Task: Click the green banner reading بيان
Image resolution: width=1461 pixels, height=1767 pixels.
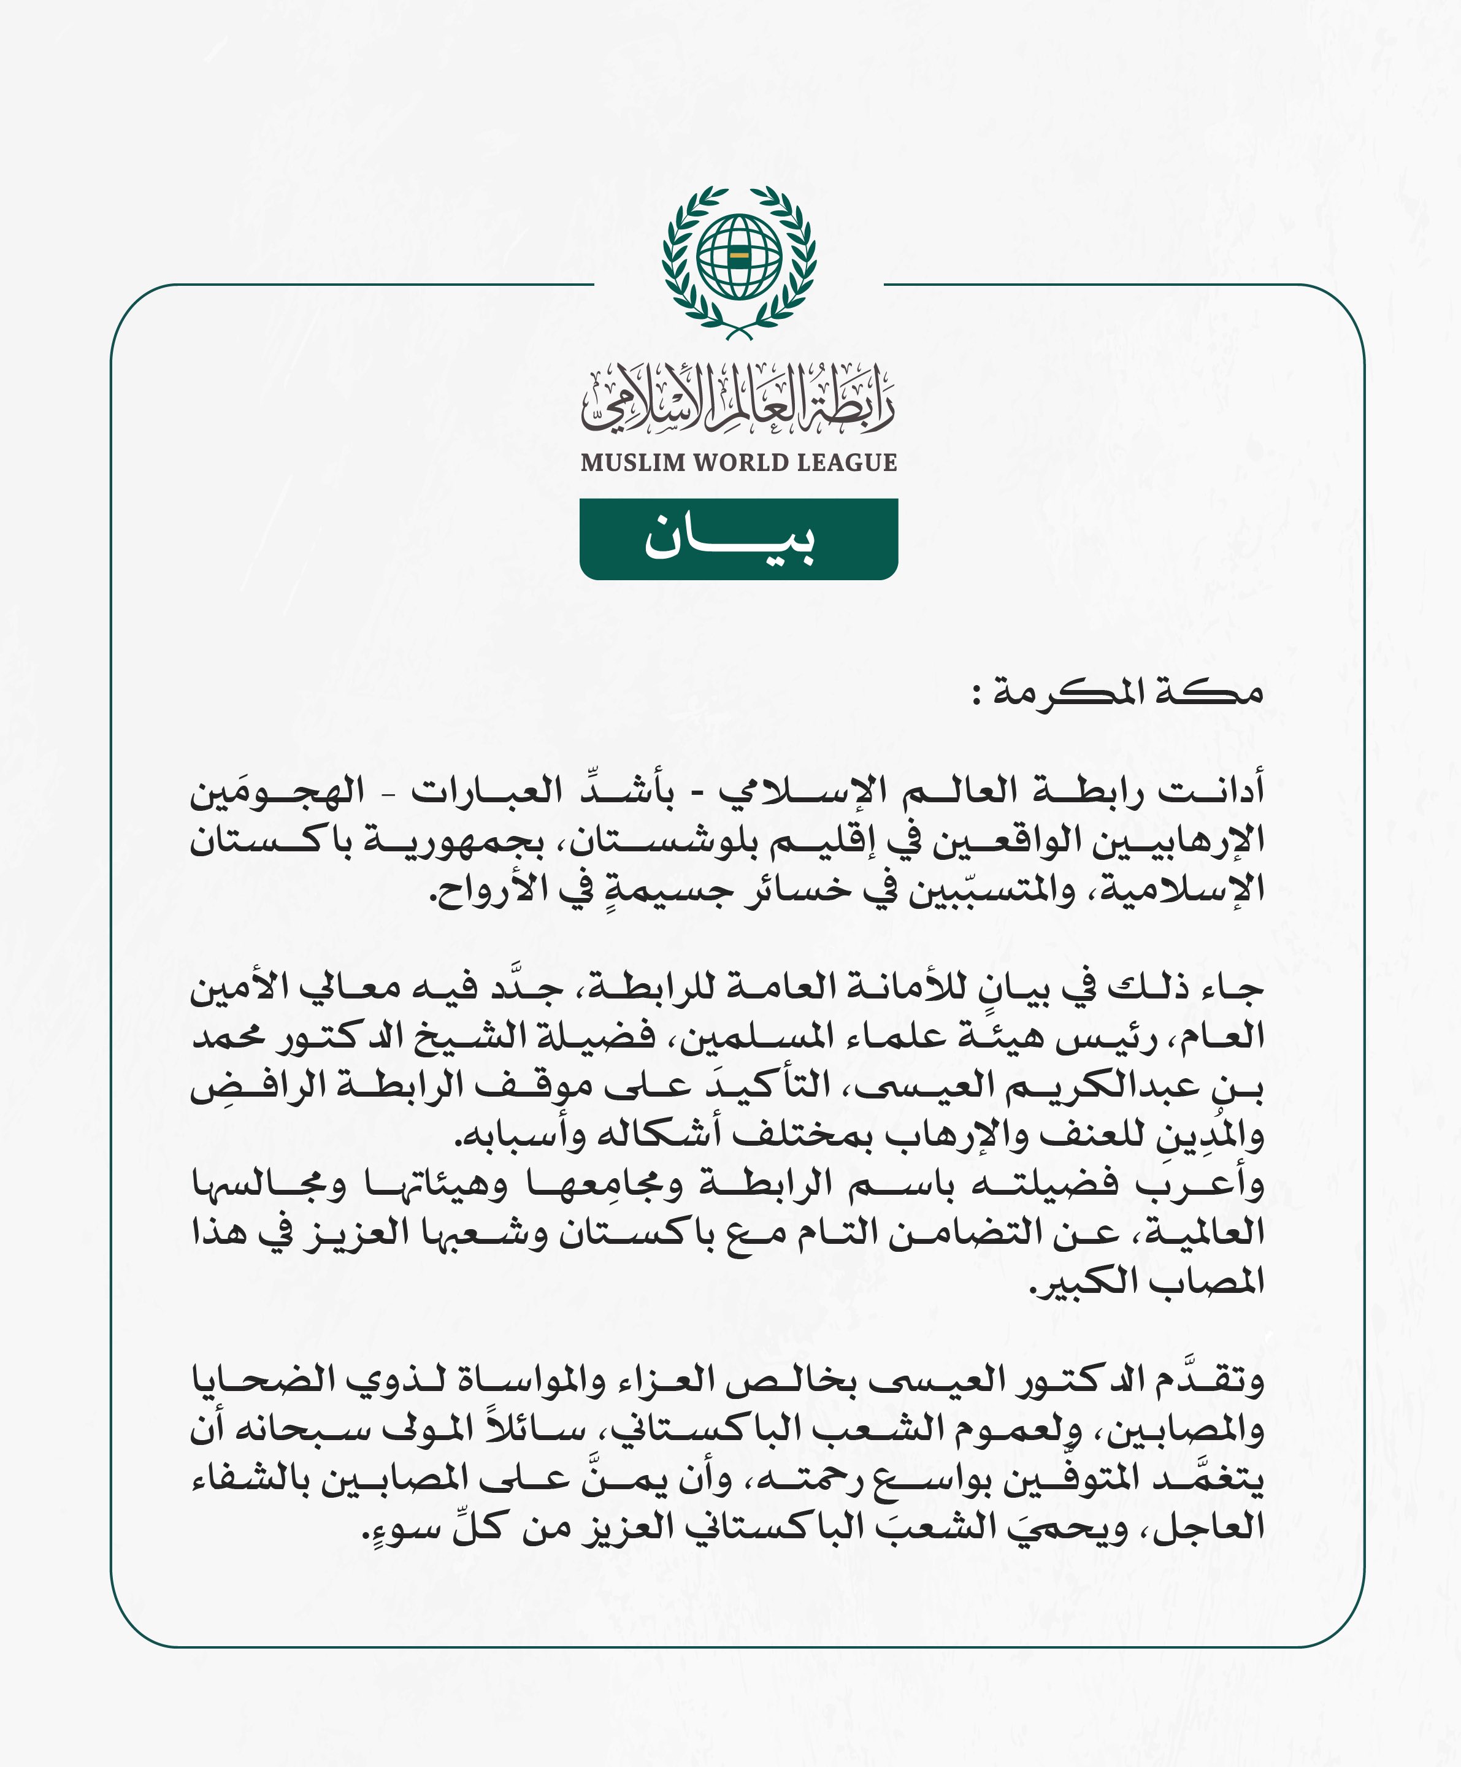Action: [x=738, y=539]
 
